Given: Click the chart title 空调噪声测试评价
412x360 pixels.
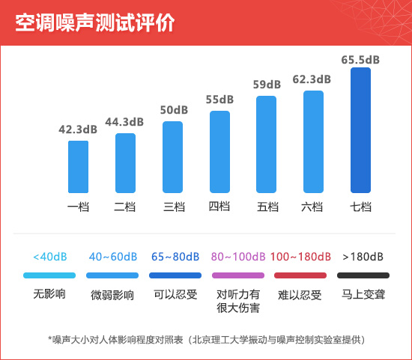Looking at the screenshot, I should point(95,22).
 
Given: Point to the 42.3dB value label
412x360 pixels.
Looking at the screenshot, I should point(78,129).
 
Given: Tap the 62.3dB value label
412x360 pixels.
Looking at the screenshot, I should point(312,79).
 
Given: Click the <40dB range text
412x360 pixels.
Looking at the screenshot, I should point(50,257).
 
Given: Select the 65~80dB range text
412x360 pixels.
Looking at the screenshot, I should point(175,257).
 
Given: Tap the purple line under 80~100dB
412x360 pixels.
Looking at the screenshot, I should point(238,275).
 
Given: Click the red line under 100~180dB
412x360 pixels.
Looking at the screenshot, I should point(300,275).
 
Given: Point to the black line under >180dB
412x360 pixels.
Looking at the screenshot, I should point(363,275).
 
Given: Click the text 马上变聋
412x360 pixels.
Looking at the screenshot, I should point(363,295).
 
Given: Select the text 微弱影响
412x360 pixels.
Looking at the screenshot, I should point(112,295).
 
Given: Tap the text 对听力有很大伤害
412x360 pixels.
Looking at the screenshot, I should point(238,301).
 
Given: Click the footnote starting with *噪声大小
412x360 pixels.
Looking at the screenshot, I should point(206,340).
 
